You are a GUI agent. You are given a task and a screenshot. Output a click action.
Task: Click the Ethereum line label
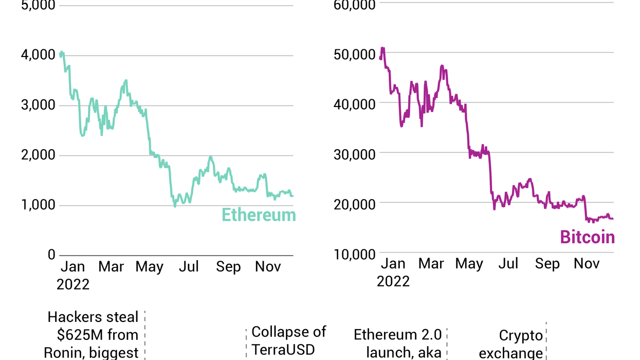click(x=259, y=215)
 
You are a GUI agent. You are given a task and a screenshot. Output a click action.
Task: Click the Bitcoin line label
click(x=587, y=237)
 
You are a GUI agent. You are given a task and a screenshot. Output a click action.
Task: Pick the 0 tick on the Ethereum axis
click(x=51, y=255)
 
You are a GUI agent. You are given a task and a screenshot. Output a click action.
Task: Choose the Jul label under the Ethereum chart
click(x=189, y=266)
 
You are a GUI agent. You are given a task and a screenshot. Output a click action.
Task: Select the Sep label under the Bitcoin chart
click(x=547, y=264)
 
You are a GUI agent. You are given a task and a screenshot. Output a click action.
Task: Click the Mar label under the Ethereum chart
click(x=111, y=266)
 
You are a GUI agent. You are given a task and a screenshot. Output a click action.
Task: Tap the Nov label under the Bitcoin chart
click(x=587, y=264)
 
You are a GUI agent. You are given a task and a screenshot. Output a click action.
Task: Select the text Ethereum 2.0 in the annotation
click(x=398, y=335)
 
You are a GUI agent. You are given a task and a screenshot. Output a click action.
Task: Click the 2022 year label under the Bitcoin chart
click(x=393, y=281)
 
